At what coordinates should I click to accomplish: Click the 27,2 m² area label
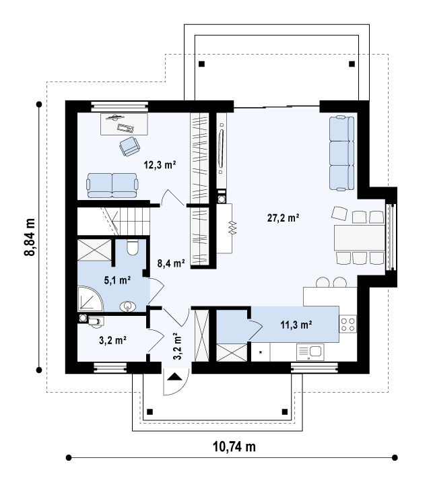click(x=283, y=218)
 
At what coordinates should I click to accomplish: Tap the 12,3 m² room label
click(x=160, y=165)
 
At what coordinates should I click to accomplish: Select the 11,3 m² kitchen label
click(x=296, y=325)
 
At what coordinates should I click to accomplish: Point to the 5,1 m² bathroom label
click(x=117, y=280)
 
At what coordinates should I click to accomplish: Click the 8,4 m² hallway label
click(x=171, y=263)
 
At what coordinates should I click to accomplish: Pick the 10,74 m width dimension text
click(x=234, y=447)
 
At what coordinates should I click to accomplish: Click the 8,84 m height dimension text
click(x=30, y=237)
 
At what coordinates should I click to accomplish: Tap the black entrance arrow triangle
click(x=174, y=377)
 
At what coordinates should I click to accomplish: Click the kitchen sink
click(x=310, y=352)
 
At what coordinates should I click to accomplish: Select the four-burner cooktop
click(x=347, y=324)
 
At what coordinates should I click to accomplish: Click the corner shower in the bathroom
click(x=90, y=298)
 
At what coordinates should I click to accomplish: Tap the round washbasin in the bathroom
click(x=128, y=306)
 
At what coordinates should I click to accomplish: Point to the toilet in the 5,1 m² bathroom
click(x=133, y=247)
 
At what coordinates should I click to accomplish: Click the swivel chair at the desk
click(x=129, y=146)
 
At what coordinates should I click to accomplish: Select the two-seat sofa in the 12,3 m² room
click(x=112, y=185)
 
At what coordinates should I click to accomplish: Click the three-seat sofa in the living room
click(x=341, y=153)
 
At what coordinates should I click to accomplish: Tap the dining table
click(x=360, y=238)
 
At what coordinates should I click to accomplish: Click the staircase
click(x=114, y=221)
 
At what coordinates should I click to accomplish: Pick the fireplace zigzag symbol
click(x=232, y=228)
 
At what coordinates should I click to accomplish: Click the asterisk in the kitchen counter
click(x=261, y=352)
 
